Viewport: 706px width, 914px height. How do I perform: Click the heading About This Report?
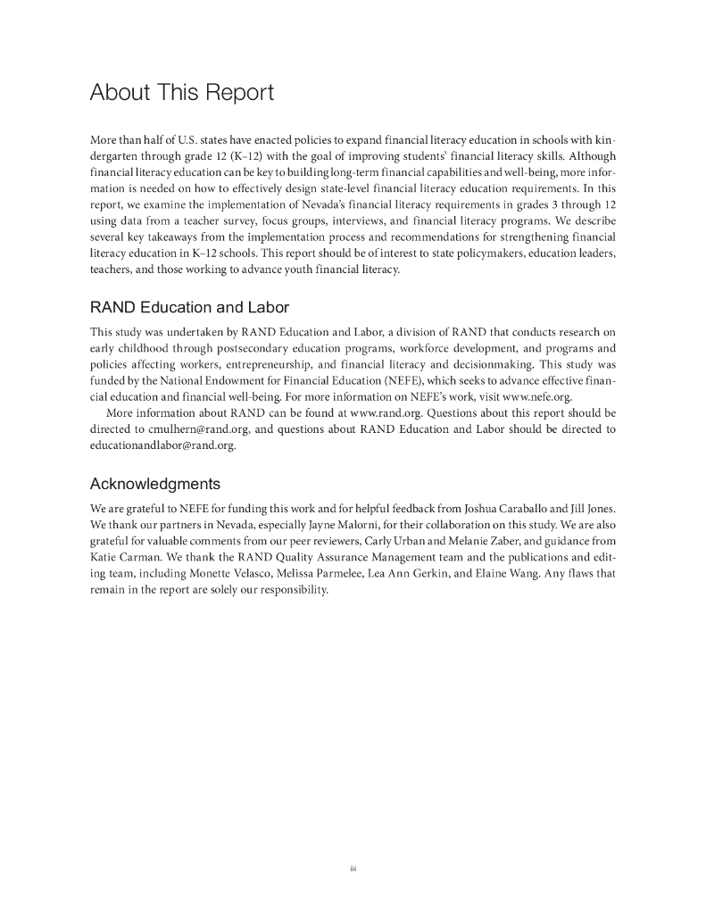click(x=181, y=93)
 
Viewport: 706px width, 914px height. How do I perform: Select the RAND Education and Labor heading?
click(x=189, y=308)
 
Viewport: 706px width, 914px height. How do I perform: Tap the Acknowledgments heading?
click(x=155, y=485)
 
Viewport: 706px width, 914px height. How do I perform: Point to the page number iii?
click(x=353, y=867)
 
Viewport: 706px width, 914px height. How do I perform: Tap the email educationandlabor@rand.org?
click(x=162, y=445)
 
